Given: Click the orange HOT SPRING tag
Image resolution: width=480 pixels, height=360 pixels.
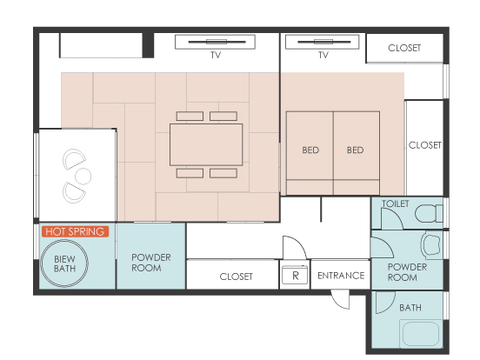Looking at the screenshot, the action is tap(75, 231).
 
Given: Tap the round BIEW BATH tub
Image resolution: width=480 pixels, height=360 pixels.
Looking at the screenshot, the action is tap(64, 263).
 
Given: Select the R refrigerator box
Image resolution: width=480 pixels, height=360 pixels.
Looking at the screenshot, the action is tap(295, 275).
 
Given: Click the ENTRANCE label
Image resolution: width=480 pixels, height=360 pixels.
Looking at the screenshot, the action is tap(341, 276).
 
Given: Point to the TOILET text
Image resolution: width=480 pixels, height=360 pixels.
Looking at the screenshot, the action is tap(396, 203).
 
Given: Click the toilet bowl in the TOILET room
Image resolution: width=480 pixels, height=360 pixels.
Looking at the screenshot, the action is tap(429, 213).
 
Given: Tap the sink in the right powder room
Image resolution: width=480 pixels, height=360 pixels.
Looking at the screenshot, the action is tap(432, 244).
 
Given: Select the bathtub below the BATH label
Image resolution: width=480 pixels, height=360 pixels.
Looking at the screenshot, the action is tap(421, 334).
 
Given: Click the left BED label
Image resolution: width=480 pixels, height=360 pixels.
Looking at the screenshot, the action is tap(310, 150).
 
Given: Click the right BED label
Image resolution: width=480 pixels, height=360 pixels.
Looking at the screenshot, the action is tap(355, 150).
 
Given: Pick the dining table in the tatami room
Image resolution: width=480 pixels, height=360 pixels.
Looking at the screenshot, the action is tap(206, 144).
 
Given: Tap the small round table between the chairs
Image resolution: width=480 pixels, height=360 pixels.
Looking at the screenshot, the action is tap(83, 176).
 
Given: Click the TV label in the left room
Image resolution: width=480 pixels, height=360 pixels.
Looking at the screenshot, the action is tap(216, 55).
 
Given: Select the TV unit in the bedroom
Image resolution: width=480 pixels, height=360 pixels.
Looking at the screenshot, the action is tap(322, 42).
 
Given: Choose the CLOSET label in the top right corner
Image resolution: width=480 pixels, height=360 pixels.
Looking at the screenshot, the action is tap(404, 48).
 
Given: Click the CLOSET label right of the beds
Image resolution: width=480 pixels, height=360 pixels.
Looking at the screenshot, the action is tap(425, 145).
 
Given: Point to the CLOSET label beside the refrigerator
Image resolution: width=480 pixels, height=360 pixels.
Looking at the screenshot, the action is tap(236, 277).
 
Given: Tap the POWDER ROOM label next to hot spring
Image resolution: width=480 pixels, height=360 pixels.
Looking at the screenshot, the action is tap(151, 263).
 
